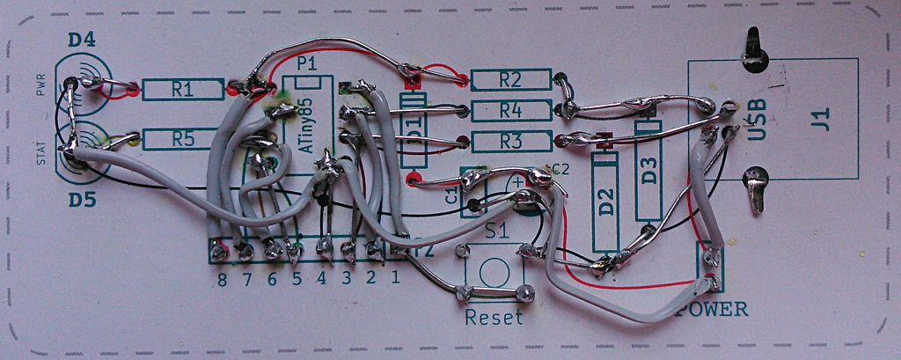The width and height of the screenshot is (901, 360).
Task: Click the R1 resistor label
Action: pyautogui.click(x=182, y=88)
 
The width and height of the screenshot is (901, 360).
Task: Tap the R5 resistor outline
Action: pyautogui.click(x=181, y=138)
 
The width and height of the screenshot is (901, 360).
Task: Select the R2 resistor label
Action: pyautogui.click(x=510, y=79)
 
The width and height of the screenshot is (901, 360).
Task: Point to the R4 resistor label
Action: pyautogui.click(x=510, y=110)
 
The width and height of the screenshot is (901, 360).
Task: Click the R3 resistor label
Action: pyautogui.click(x=510, y=141)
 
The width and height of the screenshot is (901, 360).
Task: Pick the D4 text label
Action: pyautogui.click(x=81, y=40)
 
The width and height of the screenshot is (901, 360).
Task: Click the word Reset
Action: pyautogui.click(x=494, y=317)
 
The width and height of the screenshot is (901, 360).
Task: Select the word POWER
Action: pyautogui.click(x=713, y=309)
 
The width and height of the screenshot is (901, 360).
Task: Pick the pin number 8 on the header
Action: pyautogui.click(x=222, y=280)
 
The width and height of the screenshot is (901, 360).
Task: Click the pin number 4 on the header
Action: pyautogui.click(x=322, y=279)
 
